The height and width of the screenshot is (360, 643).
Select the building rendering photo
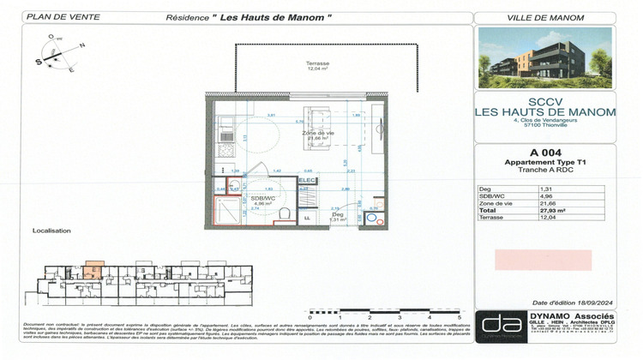545,58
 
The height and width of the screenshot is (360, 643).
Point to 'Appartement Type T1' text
545,161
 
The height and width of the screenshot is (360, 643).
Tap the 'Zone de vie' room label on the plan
317,134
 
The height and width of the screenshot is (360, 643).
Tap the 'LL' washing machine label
306,219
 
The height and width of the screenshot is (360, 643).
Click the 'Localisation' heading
51,231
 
